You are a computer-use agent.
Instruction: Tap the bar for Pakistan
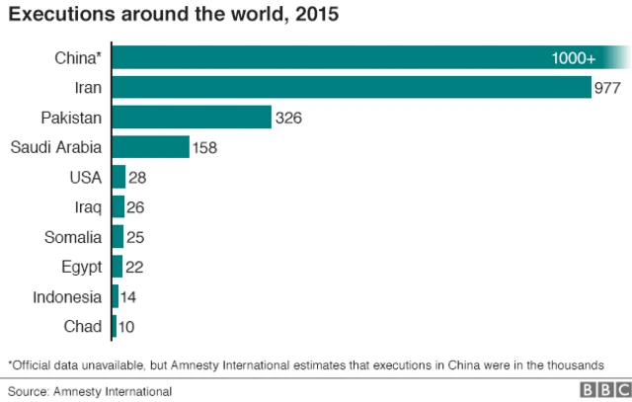pyautogui.click(x=193, y=118)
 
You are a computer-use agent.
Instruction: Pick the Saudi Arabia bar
pyautogui.click(x=151, y=147)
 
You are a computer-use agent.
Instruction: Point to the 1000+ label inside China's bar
pyautogui.click(x=573, y=59)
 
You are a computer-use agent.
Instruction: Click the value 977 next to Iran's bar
pyautogui.click(x=607, y=88)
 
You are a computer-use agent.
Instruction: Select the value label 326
pyautogui.click(x=288, y=118)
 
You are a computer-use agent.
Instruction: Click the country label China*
pyautogui.click(x=78, y=58)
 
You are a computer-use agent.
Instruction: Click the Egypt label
pyautogui.click(x=80, y=266)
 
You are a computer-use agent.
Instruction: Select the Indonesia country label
pyautogui.click(x=66, y=296)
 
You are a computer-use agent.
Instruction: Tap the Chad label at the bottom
pyautogui.click(x=83, y=326)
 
